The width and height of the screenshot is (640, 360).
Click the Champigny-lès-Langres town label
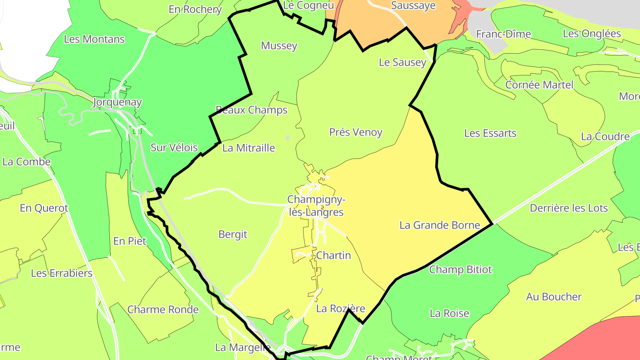coord(316,206)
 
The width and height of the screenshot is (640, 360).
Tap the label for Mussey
coord(279,46)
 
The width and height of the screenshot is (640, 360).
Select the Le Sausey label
coord(402,62)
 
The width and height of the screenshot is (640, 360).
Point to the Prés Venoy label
coord(356,132)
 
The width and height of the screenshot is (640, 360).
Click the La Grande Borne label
coord(440,225)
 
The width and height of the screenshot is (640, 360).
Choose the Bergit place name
coord(233,234)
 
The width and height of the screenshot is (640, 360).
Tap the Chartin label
coord(333,256)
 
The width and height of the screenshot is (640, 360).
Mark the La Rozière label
coord(340,308)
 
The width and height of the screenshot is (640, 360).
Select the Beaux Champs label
coord(252,110)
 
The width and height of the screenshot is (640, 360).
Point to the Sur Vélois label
coord(174,148)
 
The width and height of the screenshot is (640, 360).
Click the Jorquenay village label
coord(117,103)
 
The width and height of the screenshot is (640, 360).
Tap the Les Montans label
coord(94,39)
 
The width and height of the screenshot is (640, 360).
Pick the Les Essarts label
coord(490,133)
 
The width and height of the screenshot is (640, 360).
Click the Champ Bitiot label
coord(460,269)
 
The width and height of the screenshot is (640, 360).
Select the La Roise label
coord(449,313)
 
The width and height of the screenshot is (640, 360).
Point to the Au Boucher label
coord(554,297)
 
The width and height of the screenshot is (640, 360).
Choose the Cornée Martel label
coord(539,84)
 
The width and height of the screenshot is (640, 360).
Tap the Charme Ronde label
coord(163,309)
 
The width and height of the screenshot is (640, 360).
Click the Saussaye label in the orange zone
coord(413,6)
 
